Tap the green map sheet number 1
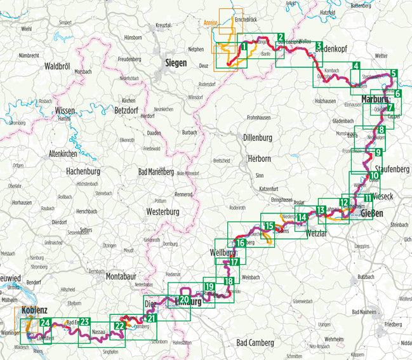pyautogui.click(x=244, y=46)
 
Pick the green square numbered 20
pyautogui.click(x=184, y=300)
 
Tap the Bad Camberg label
pyautogui.click(x=255, y=343)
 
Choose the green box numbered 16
pyautogui.click(x=240, y=243)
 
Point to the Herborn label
pyautogui.click(x=260, y=160)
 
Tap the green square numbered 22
pyautogui.click(x=119, y=326)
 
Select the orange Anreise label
pyautogui.click(x=211, y=22)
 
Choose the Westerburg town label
pyautogui.click(x=163, y=211)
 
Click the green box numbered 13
pyautogui.click(x=322, y=210)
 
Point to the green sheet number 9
pyautogui.click(x=378, y=152)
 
